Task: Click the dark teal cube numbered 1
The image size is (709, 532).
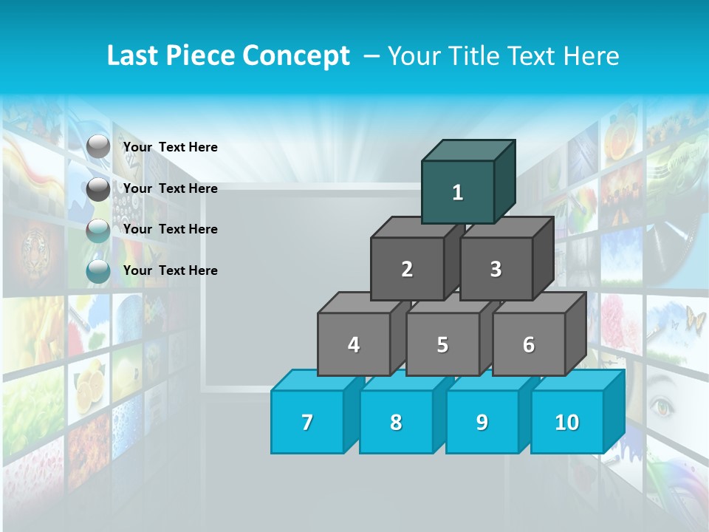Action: [458, 192]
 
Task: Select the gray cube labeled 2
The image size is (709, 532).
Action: [407, 269]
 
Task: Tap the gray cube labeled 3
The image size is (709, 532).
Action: [496, 269]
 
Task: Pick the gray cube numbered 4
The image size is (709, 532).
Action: [354, 344]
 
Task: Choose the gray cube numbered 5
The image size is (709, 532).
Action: [442, 344]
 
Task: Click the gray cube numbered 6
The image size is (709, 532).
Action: [529, 344]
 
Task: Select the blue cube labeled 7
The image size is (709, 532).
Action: [307, 422]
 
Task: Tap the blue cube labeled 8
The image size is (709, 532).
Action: [396, 422]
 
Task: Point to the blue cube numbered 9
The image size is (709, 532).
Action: [482, 422]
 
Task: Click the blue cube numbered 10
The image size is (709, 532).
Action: [567, 422]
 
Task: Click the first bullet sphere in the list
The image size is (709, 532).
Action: [98, 147]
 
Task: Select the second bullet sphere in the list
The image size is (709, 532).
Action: [98, 189]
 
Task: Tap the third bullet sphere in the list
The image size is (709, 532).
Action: [98, 231]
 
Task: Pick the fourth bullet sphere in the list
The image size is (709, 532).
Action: [98, 271]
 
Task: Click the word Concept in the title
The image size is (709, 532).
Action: [296, 56]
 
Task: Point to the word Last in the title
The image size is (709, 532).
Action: [134, 56]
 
